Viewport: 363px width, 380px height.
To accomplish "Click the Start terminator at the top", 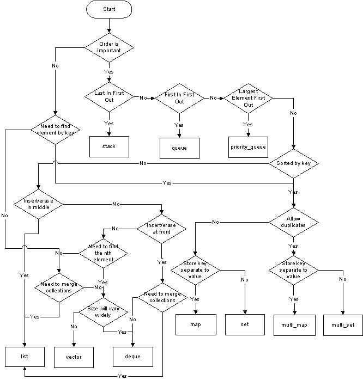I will coord(109,9).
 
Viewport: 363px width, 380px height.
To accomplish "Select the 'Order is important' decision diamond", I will coord(109,47).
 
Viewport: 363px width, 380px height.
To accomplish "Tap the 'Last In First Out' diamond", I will coord(109,96).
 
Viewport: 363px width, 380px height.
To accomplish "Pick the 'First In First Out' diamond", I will coord(179,98).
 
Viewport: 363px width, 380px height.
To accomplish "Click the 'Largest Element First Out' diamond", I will coord(248,98).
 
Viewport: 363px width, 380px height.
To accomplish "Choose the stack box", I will coord(109,146).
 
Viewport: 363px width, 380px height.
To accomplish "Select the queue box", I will coord(179,148).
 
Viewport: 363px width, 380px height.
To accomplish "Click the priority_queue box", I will coord(248,147).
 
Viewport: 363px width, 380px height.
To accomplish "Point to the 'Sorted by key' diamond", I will coord(293,163).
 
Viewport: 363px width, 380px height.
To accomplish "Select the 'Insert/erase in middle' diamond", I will coord(38,204).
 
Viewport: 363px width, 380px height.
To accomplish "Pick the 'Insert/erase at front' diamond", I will coord(161,228).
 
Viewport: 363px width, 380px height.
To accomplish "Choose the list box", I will coord(25,356).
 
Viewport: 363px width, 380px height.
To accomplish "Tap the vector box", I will coord(74,357).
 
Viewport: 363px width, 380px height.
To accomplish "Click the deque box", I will coord(132,357).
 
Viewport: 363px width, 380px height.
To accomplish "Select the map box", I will coord(196,324).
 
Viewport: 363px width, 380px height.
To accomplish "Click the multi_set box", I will coord(343,325).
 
